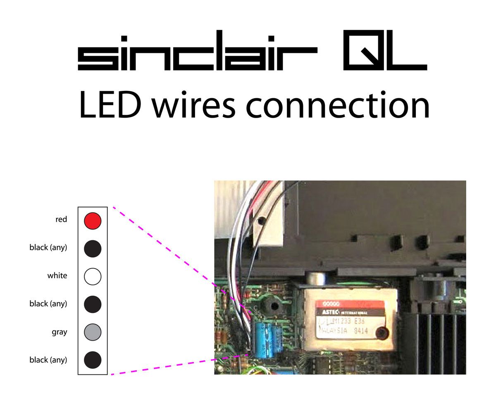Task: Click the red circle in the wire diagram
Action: tap(93, 220)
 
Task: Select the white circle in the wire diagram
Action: tap(93, 276)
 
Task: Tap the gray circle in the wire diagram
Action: tap(93, 332)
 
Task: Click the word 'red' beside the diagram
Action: tap(61, 220)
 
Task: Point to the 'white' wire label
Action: tap(57, 275)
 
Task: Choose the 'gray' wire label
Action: tap(60, 332)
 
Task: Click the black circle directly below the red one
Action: tap(93, 249)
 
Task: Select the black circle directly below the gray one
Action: tap(93, 360)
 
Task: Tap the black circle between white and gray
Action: tap(93, 304)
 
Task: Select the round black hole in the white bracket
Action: tap(261, 221)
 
